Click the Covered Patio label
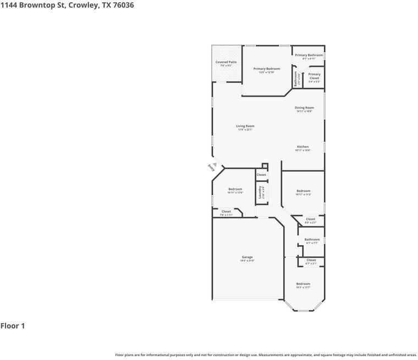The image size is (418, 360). point(226,64)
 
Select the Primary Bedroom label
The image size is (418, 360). point(266,70)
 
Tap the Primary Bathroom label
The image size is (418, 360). point(309,56)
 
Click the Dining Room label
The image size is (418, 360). point(304,109)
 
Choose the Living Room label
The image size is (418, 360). point(245,128)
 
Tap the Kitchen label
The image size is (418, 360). point(303,148)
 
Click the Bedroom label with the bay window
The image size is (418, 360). point(303,285)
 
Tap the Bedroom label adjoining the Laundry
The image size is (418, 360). point(235,190)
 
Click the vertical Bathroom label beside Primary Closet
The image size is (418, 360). point(296,79)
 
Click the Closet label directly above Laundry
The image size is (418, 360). point(261,175)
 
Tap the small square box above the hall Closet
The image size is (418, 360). point(265,166)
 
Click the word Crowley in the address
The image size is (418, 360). point(85,5)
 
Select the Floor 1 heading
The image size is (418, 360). point(13,326)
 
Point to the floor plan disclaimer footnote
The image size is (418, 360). point(266,355)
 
